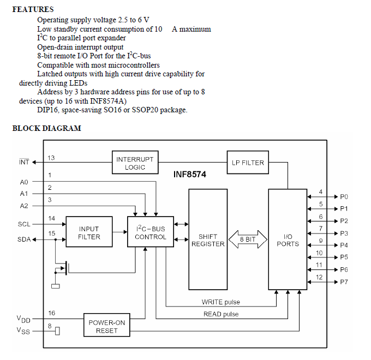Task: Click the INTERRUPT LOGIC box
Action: [x=135, y=163]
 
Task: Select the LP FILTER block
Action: [x=248, y=163]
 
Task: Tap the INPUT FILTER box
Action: [x=89, y=232]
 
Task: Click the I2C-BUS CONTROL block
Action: [x=150, y=233]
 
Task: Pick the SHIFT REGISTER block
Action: [x=207, y=240]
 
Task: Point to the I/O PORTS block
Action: [x=288, y=240]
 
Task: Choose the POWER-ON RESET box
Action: [x=107, y=326]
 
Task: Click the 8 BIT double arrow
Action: [x=248, y=239]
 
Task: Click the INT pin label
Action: [x=24, y=162]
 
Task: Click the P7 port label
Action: [x=344, y=282]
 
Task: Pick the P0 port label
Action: [x=344, y=197]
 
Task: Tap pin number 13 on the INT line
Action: [x=51, y=158]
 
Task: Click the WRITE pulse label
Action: [x=220, y=302]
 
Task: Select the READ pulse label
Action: [x=220, y=314]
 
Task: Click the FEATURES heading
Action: [x=33, y=9]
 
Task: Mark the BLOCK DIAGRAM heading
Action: [x=46, y=129]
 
